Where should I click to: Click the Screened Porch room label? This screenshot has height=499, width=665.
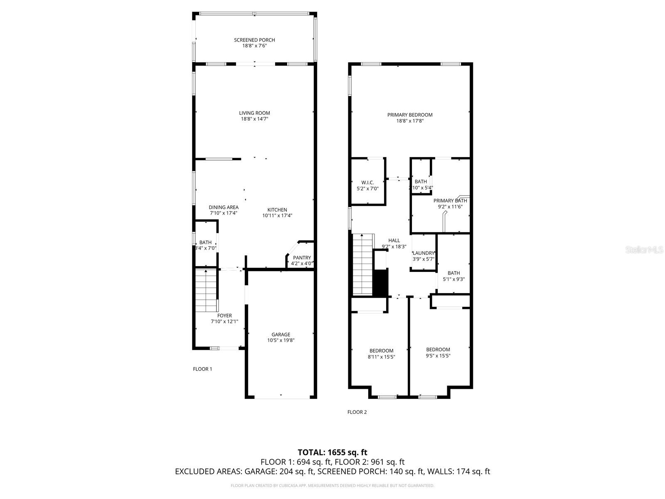coord(254,40)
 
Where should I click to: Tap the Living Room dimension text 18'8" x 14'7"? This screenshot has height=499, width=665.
coord(254,119)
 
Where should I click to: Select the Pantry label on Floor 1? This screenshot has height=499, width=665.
coord(302,258)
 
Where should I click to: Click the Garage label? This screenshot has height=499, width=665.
coord(281,334)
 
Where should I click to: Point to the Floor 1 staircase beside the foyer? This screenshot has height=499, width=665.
coord(207,290)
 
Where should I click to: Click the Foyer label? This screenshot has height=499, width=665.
coord(224,316)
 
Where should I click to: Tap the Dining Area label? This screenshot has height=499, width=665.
coord(224,207)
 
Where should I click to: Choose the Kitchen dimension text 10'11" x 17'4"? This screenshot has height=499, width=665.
coord(277,215)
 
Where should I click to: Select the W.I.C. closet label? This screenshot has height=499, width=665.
coord(367,183)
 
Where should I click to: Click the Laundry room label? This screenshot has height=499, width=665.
coord(424,253)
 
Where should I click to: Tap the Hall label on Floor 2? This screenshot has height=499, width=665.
coord(394,240)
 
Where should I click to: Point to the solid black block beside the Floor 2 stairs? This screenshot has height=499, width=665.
coord(380,283)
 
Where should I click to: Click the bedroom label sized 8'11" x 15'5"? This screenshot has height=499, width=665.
coord(381,351)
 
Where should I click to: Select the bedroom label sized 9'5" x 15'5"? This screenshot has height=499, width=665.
coord(438,349)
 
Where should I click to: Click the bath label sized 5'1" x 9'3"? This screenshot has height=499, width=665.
coord(453,273)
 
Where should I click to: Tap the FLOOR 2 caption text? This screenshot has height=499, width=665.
coord(357,412)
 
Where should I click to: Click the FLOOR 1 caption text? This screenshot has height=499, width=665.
coord(202,369)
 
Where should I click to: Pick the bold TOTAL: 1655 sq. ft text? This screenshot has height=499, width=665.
coord(332,452)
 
